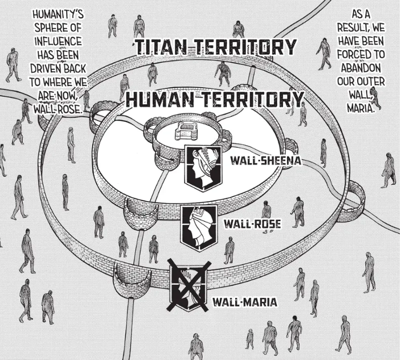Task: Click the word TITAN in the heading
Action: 163,47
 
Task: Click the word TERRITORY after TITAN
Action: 249,47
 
